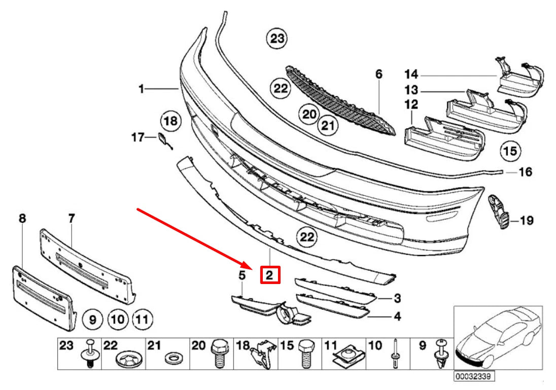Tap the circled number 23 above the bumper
pyautogui.click(x=277, y=39)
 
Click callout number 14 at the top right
pyautogui.click(x=411, y=75)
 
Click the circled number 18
pyautogui.click(x=170, y=121)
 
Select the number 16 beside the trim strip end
pyautogui.click(x=525, y=172)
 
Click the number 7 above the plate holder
pyautogui.click(x=72, y=219)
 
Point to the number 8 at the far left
pyautogui.click(x=22, y=219)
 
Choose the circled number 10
pyautogui.click(x=118, y=320)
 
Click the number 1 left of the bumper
pyautogui.click(x=142, y=90)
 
